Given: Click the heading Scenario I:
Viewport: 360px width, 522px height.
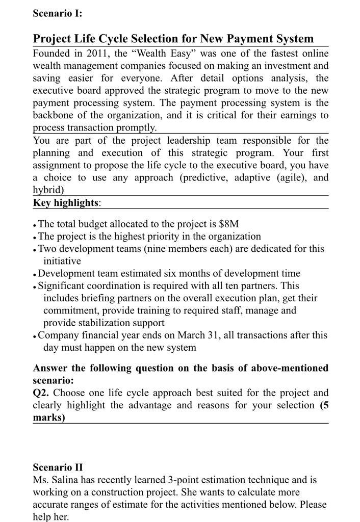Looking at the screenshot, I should tap(57, 14).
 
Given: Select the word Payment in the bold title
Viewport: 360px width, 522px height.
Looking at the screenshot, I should tap(241, 39).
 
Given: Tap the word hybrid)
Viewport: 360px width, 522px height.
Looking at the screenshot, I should tap(48, 190).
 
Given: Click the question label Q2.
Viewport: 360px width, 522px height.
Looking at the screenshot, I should tap(41, 393).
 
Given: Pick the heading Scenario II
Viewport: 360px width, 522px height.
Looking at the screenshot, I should tap(58, 467).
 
